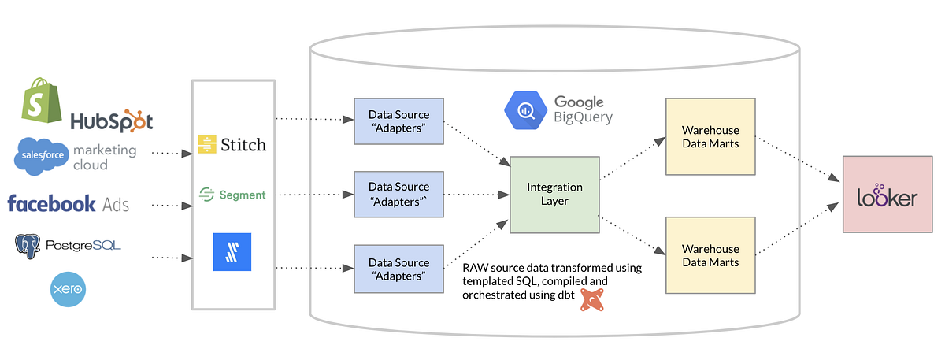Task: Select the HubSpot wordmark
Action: (111, 121)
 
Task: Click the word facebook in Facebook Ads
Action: (52, 204)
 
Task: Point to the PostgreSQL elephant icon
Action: (28, 246)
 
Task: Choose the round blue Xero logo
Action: (67, 289)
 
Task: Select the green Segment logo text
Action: (243, 195)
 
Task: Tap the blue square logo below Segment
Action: (232, 252)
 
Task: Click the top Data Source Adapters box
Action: (399, 121)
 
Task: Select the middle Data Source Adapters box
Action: (399, 194)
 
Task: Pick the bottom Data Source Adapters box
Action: (399, 269)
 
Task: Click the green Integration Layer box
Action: (554, 194)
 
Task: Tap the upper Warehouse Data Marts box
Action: (710, 136)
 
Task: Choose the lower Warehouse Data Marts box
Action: (710, 255)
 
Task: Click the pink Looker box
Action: (887, 194)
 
